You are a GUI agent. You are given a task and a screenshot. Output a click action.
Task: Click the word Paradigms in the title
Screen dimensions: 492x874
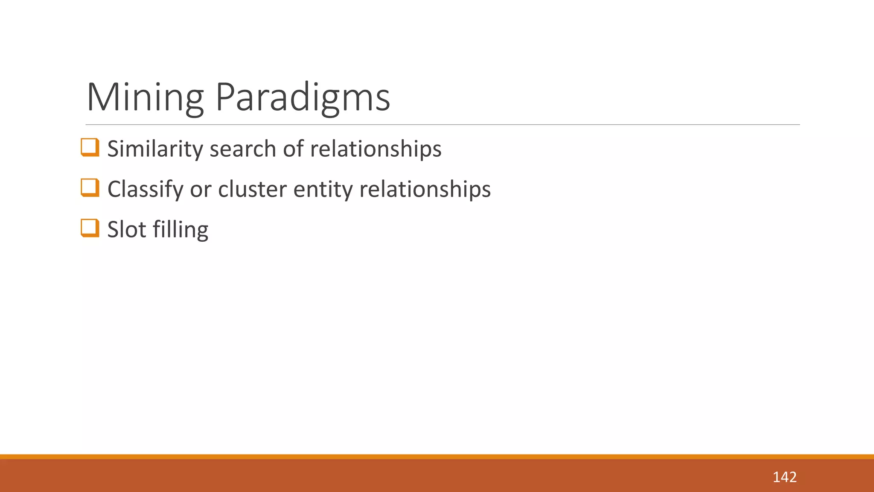pos(303,97)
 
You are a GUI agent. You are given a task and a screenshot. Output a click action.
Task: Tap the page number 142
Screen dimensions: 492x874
pos(784,477)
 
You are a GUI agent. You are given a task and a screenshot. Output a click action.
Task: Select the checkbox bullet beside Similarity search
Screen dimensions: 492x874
pos(90,147)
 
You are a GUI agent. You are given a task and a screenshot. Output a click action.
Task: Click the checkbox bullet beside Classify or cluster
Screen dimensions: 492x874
pos(90,188)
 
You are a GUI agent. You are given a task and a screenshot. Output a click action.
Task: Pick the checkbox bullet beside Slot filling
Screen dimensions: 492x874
pos(90,228)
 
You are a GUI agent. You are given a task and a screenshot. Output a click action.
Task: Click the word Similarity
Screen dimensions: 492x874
pos(155,149)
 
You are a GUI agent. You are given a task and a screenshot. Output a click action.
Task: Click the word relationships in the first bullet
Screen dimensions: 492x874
pos(376,149)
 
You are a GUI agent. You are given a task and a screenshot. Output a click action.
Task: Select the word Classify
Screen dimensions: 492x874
pos(145,189)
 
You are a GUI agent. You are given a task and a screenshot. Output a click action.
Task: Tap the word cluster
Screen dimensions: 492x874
pos(252,189)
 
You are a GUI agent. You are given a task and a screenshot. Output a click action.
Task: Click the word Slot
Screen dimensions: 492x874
pos(126,229)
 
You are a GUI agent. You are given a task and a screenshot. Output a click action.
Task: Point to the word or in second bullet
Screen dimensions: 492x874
pos(201,189)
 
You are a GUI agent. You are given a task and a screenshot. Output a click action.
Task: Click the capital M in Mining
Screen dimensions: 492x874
pos(99,97)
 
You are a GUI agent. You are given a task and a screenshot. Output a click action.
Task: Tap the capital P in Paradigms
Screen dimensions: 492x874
pos(224,97)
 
